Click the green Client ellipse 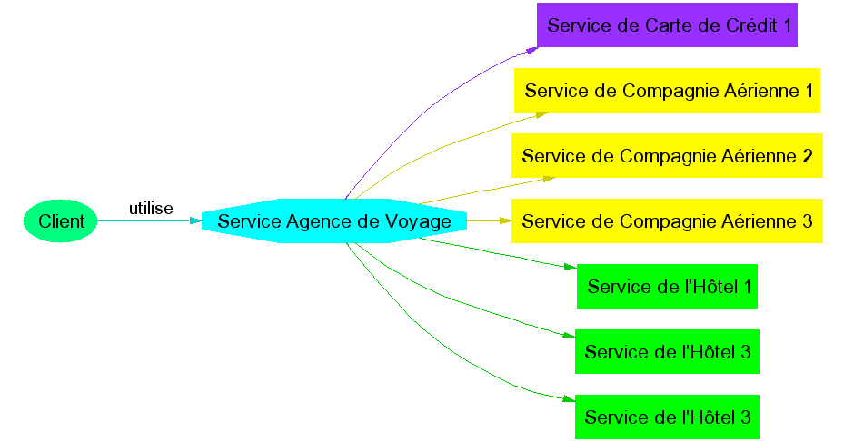[60, 221]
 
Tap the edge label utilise [151, 209]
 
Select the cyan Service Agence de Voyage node [334, 221]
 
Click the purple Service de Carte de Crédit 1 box [667, 25]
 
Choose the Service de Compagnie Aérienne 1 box [668, 91]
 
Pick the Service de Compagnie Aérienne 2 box [667, 156]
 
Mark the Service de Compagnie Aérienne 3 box [667, 221]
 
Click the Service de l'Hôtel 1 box [667, 287]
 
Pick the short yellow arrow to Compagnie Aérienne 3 [486, 220]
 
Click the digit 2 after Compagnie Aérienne [807, 156]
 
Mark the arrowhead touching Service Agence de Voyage [195, 220]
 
